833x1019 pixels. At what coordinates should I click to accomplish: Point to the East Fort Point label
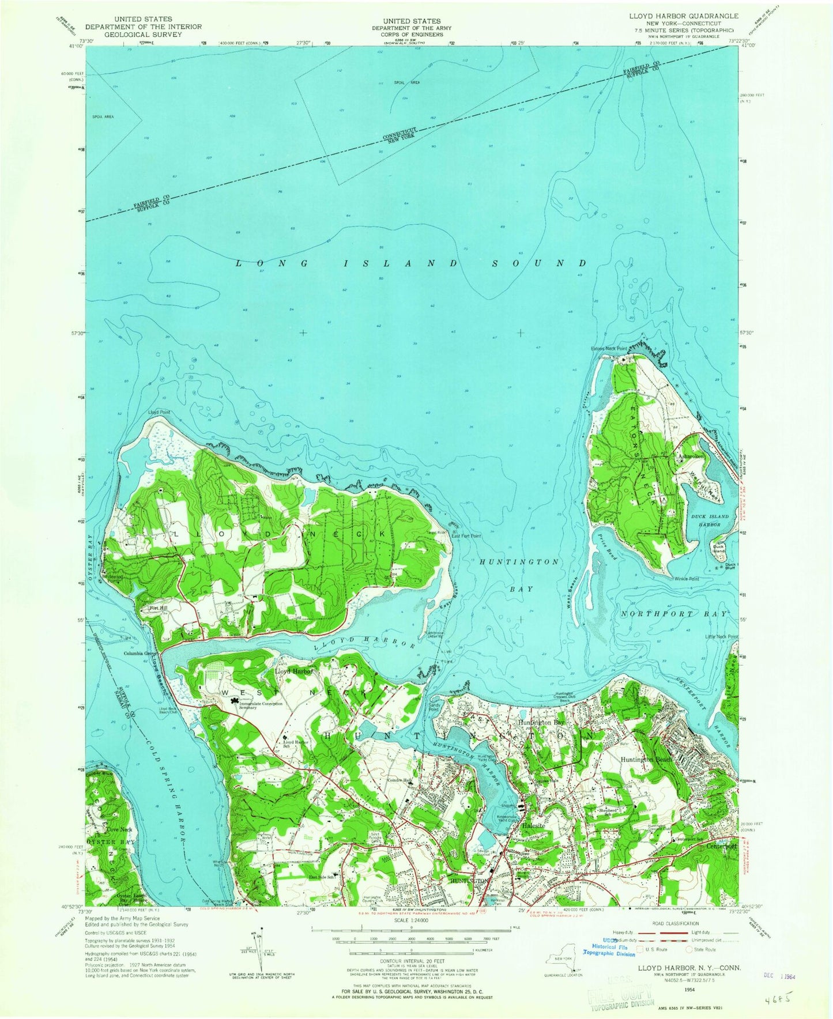tap(466, 536)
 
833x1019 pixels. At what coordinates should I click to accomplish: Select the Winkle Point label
tap(686, 579)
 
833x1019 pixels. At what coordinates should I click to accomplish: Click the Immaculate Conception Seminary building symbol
tap(235, 701)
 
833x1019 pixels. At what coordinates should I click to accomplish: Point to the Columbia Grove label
tap(141, 654)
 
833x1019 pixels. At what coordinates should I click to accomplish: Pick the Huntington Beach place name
tap(646, 760)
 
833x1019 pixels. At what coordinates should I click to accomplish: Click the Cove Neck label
tap(120, 829)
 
